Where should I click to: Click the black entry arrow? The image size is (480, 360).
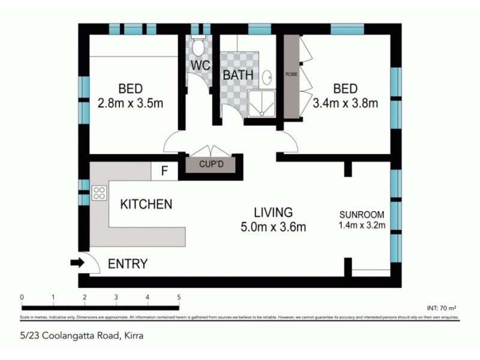tap(77, 262)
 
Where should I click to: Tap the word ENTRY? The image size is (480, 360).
tap(127, 264)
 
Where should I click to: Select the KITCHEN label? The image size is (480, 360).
tap(146, 205)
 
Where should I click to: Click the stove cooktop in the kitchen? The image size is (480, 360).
tap(99, 193)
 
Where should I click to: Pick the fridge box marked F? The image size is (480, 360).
tap(164, 172)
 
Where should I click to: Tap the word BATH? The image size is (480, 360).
tap(238, 76)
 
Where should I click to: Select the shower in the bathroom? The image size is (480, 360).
tap(261, 106)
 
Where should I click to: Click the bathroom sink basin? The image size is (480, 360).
tap(268, 76)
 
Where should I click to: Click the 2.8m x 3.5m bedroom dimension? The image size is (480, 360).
tap(130, 103)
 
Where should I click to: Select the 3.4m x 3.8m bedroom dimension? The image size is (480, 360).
tap(346, 103)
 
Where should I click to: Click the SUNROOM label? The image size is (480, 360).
tap(361, 214)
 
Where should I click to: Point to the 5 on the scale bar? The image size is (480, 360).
tap(179, 297)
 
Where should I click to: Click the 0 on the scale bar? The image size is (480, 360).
tap(22, 297)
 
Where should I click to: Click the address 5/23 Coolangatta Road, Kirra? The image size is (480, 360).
tap(80, 335)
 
